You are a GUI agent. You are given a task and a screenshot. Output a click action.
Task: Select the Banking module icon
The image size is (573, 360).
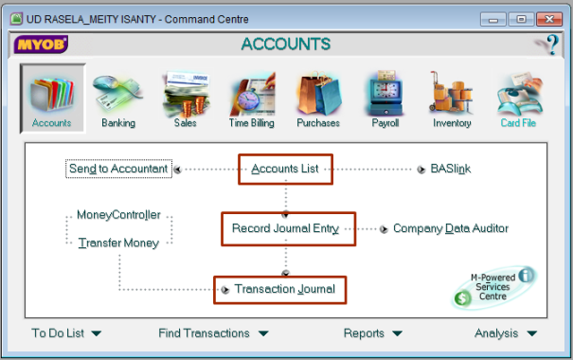[118, 95]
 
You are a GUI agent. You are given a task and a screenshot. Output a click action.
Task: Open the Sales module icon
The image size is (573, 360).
[186, 95]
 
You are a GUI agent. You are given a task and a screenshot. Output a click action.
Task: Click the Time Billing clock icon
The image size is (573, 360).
[252, 95]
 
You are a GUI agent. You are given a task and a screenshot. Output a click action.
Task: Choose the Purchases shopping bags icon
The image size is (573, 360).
[318, 95]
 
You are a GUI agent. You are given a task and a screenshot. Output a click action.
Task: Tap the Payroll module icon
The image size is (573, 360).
[385, 95]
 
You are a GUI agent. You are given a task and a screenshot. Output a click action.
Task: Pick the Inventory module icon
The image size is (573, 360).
[452, 95]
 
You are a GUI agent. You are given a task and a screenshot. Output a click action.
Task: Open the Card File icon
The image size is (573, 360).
[518, 95]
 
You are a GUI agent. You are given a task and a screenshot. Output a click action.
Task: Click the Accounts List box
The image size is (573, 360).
[285, 170]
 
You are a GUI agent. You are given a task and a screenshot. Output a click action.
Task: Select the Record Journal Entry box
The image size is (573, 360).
[288, 228]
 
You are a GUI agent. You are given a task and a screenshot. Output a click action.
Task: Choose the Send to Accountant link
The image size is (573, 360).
[118, 170]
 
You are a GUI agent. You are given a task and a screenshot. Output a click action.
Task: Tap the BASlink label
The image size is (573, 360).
[450, 170]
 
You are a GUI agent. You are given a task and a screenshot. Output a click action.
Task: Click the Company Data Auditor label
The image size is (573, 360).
[450, 228]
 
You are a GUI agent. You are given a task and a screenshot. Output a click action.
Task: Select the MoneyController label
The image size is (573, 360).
[118, 215]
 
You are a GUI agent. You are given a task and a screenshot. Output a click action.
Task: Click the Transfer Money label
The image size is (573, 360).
[118, 243]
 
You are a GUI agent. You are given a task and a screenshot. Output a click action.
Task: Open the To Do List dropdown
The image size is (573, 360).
[66, 333]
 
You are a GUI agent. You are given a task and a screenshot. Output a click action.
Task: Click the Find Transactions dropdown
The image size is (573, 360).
[213, 333]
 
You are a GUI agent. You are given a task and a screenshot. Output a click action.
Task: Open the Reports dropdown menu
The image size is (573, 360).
[372, 333]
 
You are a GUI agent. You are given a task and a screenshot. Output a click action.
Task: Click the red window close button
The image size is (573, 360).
[547, 18]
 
